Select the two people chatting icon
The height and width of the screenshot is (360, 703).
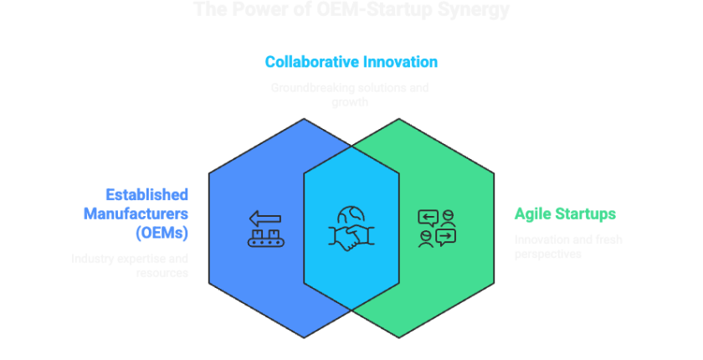pos(437,228)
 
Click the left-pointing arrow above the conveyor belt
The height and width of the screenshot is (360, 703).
pos(267,218)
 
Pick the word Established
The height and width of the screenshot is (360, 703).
pos(147,194)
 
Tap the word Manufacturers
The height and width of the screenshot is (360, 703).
pos(136,213)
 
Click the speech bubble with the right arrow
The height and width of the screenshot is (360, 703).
pos(446,237)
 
